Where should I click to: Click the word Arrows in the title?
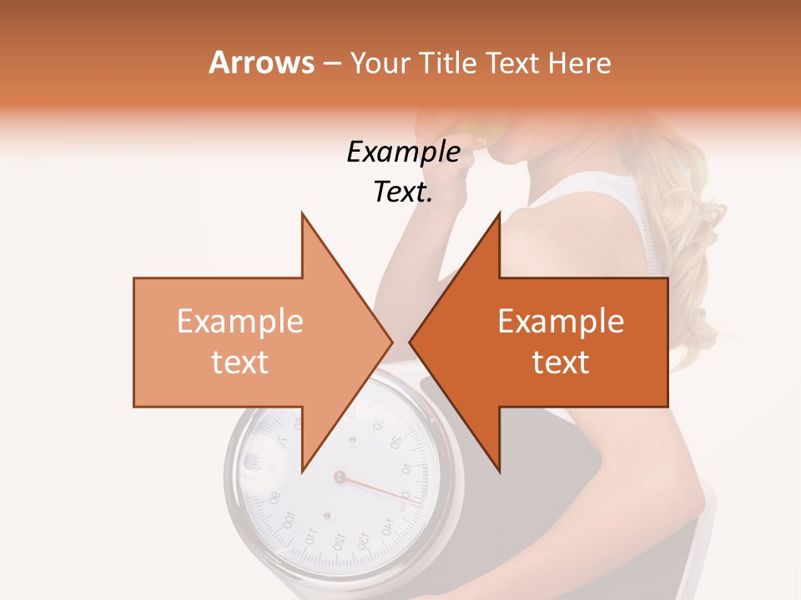coord(262,62)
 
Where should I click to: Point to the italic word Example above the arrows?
coord(403,152)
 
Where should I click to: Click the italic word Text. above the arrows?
coord(403,192)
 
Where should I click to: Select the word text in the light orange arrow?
coord(239,362)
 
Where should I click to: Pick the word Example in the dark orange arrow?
coord(561,322)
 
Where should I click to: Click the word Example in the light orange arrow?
coord(239,322)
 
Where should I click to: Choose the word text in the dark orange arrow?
coord(561,362)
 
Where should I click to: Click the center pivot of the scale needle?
coord(339,477)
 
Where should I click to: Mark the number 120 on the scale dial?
coord(339,542)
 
